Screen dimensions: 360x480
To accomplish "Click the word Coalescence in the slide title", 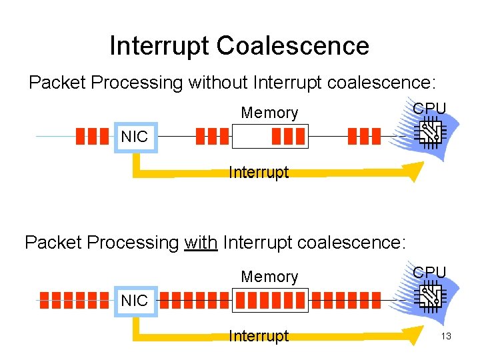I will coord(293,46).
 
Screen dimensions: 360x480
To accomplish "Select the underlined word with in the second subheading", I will coord(201,242).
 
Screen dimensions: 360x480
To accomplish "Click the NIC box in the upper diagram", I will coord(135,138).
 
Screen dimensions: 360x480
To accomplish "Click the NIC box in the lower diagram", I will coord(135,301).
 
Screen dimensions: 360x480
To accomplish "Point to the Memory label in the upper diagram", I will coord(269,113).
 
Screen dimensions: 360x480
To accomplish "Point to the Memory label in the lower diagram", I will coord(269,277).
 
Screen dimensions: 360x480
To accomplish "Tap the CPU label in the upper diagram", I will coord(429,108).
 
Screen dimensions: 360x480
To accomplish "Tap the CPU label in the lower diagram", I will coord(429,272).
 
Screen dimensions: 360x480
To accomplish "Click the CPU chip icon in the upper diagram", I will coord(427,134).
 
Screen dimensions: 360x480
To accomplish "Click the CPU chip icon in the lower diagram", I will coord(427,297).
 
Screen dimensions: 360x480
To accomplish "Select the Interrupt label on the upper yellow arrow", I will coord(259,172).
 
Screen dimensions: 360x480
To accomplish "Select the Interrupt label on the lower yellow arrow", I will coord(259,336).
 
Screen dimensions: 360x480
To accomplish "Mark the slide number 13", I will coord(446,336).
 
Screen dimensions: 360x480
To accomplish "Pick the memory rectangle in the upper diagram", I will coord(269,137).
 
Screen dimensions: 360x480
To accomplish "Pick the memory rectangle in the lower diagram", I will coord(269,300).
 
